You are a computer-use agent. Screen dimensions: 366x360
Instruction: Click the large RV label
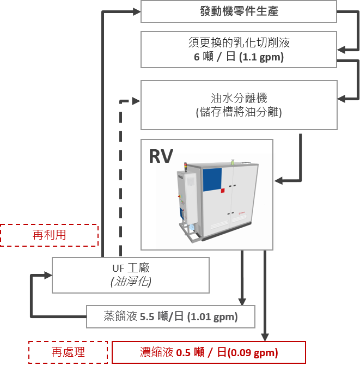(x=161, y=157)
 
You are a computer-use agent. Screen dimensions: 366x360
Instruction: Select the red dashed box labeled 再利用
(x=49, y=235)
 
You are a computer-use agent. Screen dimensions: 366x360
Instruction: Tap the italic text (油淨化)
(x=131, y=282)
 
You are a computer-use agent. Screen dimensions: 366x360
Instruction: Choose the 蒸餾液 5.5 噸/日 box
(x=170, y=316)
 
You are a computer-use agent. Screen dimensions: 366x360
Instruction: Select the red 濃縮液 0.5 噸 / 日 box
(x=209, y=352)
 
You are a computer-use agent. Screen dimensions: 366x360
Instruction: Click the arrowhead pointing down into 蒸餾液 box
(x=242, y=301)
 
